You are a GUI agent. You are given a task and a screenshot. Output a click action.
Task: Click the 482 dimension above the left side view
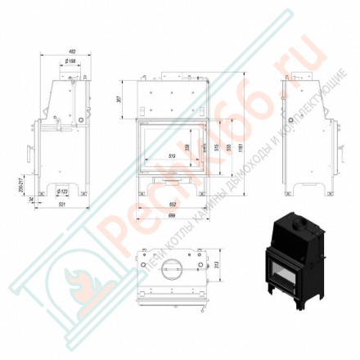(62, 53)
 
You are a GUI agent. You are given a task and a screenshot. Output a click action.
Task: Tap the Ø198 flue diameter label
(71, 61)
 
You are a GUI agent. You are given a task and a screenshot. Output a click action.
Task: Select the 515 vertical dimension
(216, 147)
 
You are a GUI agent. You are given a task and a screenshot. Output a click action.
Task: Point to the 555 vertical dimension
(229, 147)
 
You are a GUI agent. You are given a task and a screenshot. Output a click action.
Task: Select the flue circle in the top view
(173, 268)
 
